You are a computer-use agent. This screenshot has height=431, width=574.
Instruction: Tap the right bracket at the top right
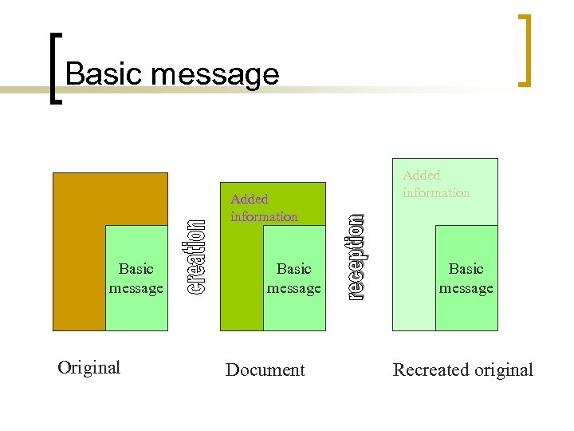(525, 49)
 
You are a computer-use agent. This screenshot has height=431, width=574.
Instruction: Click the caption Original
(89, 367)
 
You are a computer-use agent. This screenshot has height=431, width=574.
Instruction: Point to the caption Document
(265, 370)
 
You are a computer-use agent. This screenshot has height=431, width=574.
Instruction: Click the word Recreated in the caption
(427, 370)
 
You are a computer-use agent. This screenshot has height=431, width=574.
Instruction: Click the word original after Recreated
(500, 370)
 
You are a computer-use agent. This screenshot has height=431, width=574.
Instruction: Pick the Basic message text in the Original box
(136, 278)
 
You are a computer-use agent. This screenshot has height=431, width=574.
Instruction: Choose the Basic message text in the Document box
(293, 278)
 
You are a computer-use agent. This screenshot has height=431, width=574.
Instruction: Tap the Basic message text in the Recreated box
(466, 278)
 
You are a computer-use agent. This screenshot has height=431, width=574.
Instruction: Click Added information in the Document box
(264, 208)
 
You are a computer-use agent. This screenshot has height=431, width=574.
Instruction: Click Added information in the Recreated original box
(436, 184)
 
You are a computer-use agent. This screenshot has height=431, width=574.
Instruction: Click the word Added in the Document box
(250, 199)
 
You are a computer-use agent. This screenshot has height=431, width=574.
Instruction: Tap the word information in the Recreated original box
(436, 192)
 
